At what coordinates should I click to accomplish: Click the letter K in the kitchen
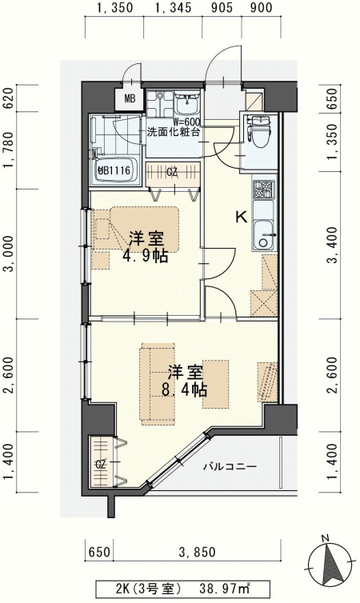(x=239, y=216)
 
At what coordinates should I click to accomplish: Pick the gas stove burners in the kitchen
(x=263, y=191)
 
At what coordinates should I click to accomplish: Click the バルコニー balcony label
(x=229, y=465)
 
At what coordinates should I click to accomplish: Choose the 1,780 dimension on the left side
(x=9, y=154)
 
